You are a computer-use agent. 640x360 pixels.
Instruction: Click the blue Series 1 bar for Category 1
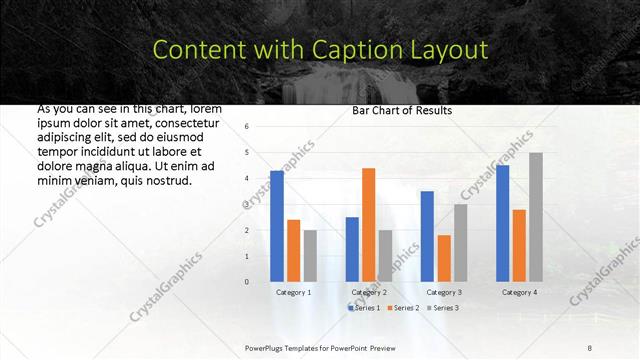[277, 226]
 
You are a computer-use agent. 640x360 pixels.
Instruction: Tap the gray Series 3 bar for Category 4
[536, 217]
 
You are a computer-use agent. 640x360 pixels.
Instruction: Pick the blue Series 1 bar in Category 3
[427, 236]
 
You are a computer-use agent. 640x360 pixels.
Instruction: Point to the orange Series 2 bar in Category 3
[444, 258]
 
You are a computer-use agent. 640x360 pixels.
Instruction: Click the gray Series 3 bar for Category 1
[310, 255]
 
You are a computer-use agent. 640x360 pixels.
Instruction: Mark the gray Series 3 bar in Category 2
[385, 255]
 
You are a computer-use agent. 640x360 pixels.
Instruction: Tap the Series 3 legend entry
[441, 307]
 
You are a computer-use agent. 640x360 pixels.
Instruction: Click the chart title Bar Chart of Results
[402, 110]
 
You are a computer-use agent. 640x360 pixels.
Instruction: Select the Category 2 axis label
[369, 292]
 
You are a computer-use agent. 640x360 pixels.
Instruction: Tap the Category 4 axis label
[519, 292]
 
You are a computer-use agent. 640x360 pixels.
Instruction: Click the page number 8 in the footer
[589, 346]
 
